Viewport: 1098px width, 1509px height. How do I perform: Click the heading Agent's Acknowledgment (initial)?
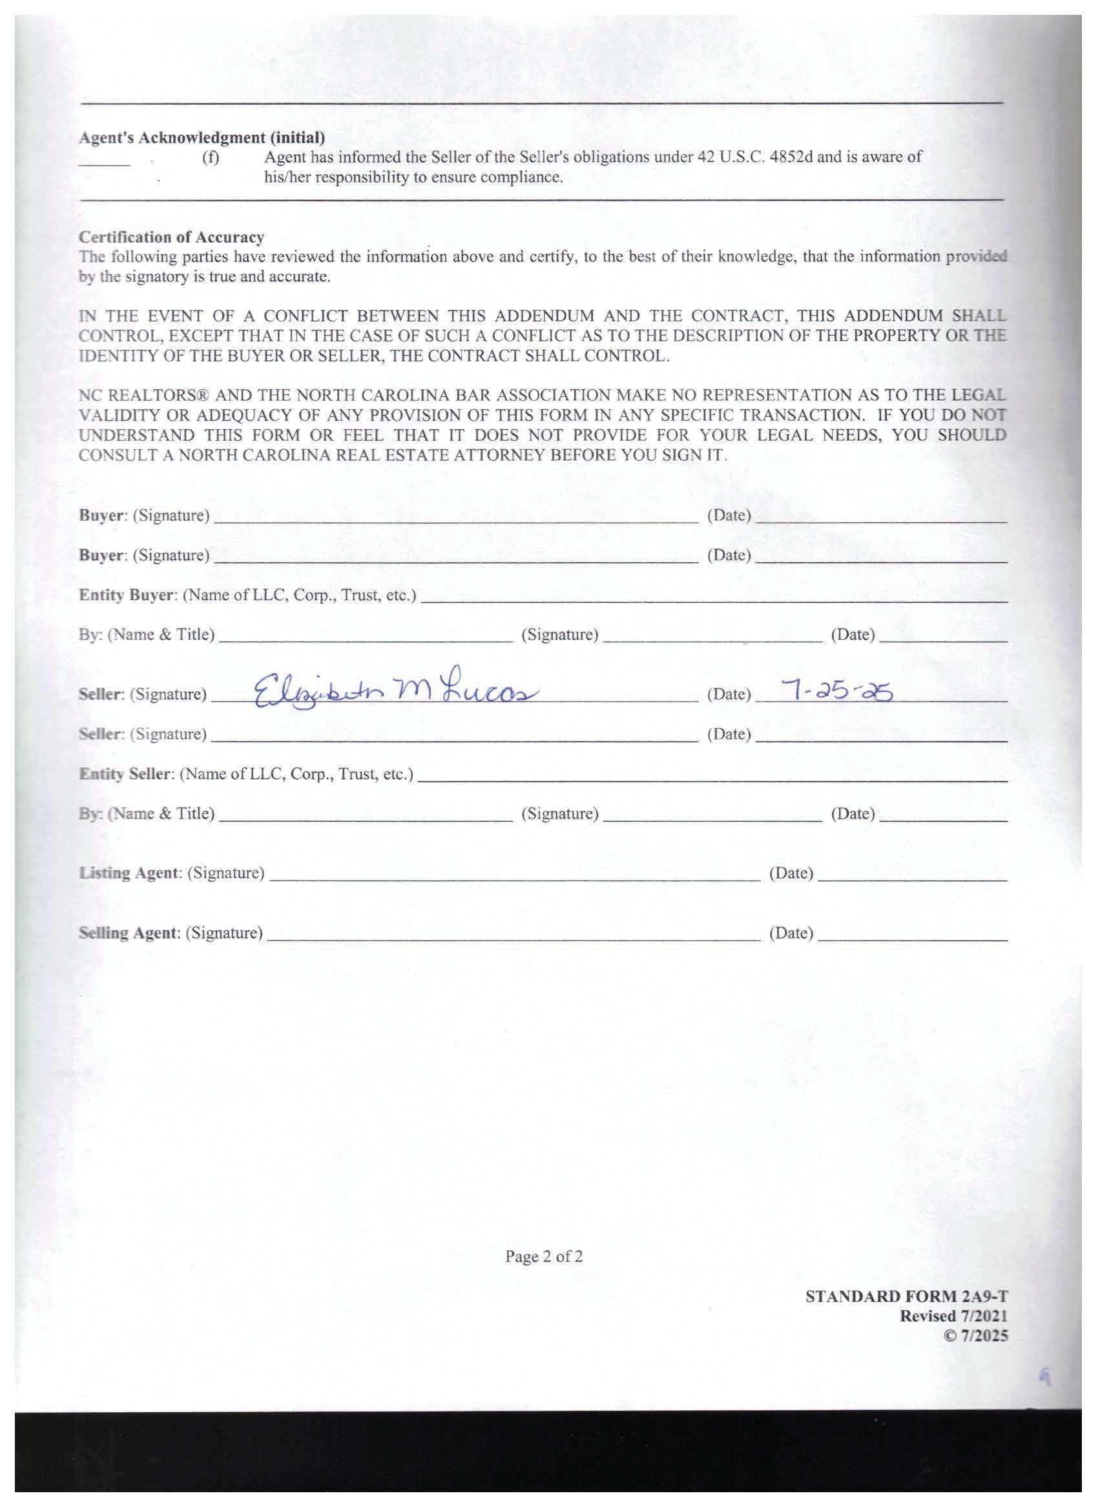point(202,137)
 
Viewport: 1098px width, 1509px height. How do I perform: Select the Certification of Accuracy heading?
point(171,237)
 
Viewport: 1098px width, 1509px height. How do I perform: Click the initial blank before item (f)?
point(105,163)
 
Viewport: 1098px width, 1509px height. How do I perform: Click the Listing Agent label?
point(129,873)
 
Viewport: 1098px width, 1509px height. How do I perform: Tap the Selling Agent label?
point(129,933)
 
